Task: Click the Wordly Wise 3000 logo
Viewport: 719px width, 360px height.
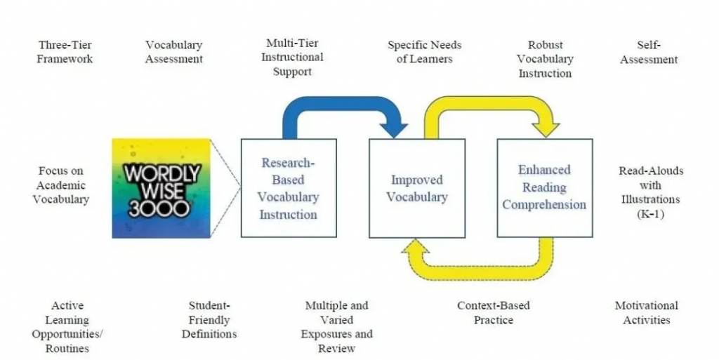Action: click(161, 188)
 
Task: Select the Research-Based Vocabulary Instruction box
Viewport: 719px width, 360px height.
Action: click(289, 188)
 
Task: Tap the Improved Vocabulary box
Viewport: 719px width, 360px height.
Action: click(417, 188)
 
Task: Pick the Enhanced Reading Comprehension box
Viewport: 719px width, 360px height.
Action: click(544, 187)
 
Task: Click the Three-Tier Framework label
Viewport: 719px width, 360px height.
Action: click(65, 52)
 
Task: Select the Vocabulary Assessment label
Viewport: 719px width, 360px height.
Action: click(173, 52)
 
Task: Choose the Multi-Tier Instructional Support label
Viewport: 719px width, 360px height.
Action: click(292, 58)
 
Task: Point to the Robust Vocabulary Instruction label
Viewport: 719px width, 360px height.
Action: click(545, 59)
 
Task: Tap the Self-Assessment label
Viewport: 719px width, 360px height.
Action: click(648, 52)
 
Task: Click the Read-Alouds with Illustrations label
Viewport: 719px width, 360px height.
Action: click(650, 192)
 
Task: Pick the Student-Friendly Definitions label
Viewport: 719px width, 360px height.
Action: click(209, 320)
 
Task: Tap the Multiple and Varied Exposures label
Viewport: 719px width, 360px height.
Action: click(336, 327)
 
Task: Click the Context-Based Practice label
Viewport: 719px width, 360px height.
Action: click(493, 313)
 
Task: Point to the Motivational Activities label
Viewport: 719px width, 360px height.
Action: click(646, 313)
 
